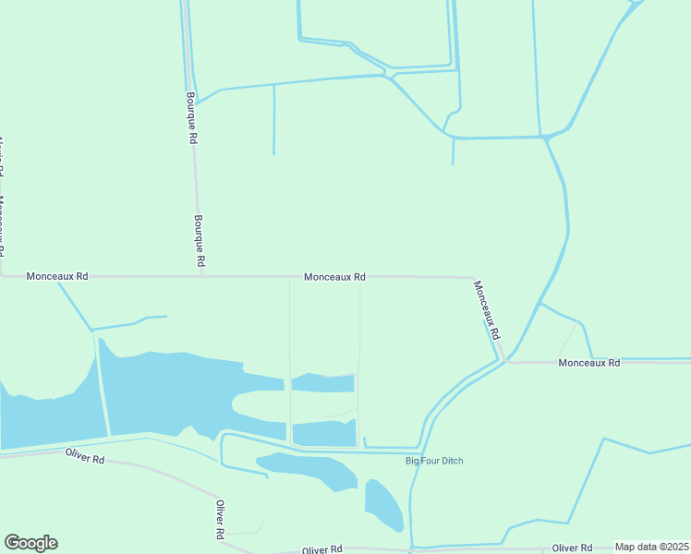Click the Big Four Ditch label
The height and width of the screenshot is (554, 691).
coord(434,461)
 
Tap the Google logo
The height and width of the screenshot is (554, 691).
coord(30,543)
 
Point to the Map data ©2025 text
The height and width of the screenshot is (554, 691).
coord(651,548)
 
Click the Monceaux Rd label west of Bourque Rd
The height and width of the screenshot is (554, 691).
coord(57,276)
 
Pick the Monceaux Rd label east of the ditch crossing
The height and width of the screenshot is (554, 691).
coord(589,363)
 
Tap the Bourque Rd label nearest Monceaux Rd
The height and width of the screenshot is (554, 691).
coord(199,242)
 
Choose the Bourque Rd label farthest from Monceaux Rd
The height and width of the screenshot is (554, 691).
coord(192,116)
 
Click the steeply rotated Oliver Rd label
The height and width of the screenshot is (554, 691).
coord(221,520)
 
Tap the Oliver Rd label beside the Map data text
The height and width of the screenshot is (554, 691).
coord(574,548)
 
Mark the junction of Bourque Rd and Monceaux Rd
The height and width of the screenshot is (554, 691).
coord(201,275)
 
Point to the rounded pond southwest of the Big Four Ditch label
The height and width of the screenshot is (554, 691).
coord(383,504)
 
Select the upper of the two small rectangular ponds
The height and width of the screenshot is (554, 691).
coord(322,382)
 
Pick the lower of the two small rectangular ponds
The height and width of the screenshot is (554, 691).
coord(323,432)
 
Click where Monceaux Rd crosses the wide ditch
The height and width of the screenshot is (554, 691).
coord(505,360)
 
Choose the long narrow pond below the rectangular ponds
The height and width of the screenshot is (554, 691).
coord(309,469)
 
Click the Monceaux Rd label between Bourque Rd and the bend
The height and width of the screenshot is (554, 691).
coord(334,276)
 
